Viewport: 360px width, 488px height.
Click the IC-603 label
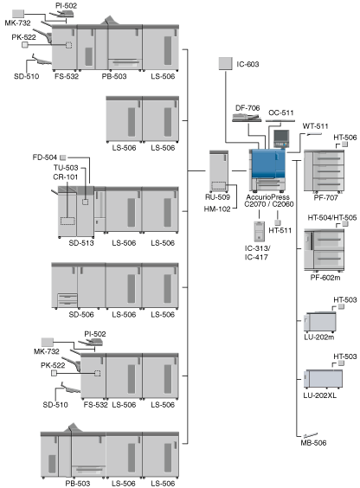pyautogui.click(x=247, y=64)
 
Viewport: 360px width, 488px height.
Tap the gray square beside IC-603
pyautogui.click(x=225, y=63)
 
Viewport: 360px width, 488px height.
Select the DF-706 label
pyautogui.click(x=247, y=108)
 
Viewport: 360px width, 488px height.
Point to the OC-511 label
pyautogui.click(x=281, y=112)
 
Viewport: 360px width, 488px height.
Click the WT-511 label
pyautogui.click(x=315, y=126)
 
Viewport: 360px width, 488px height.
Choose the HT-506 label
pyautogui.click(x=345, y=138)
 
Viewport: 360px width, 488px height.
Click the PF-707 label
pyautogui.click(x=325, y=197)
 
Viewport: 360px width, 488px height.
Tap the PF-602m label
pyautogui.click(x=325, y=277)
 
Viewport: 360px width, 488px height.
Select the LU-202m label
pyautogui.click(x=319, y=337)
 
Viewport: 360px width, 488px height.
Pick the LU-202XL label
pyautogui.click(x=320, y=395)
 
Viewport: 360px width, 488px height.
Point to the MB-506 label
pyautogui.click(x=313, y=443)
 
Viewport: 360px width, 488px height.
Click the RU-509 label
pyautogui.click(x=217, y=197)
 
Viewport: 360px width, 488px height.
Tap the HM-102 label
pyautogui.click(x=217, y=209)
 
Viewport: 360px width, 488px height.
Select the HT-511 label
pyautogui.click(x=280, y=231)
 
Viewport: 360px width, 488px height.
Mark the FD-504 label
pyautogui.click(x=45, y=157)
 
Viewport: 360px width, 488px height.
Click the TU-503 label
pyautogui.click(x=66, y=168)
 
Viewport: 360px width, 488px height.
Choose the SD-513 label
pyautogui.click(x=81, y=243)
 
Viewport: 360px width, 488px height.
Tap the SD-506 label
pyautogui.click(x=81, y=315)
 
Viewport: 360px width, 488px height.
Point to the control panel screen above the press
pyautogui.click(x=281, y=136)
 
